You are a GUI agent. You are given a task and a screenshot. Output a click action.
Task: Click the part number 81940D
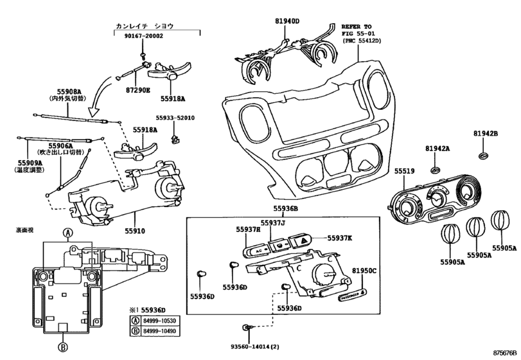(x=287, y=21)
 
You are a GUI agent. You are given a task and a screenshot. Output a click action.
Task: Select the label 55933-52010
(x=174, y=118)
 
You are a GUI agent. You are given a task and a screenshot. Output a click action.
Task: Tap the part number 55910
(x=136, y=230)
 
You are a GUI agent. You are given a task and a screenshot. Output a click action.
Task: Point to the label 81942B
(x=486, y=134)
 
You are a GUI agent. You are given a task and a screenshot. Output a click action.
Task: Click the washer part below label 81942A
(x=435, y=170)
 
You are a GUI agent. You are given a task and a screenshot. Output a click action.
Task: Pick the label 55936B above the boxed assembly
(x=288, y=210)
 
